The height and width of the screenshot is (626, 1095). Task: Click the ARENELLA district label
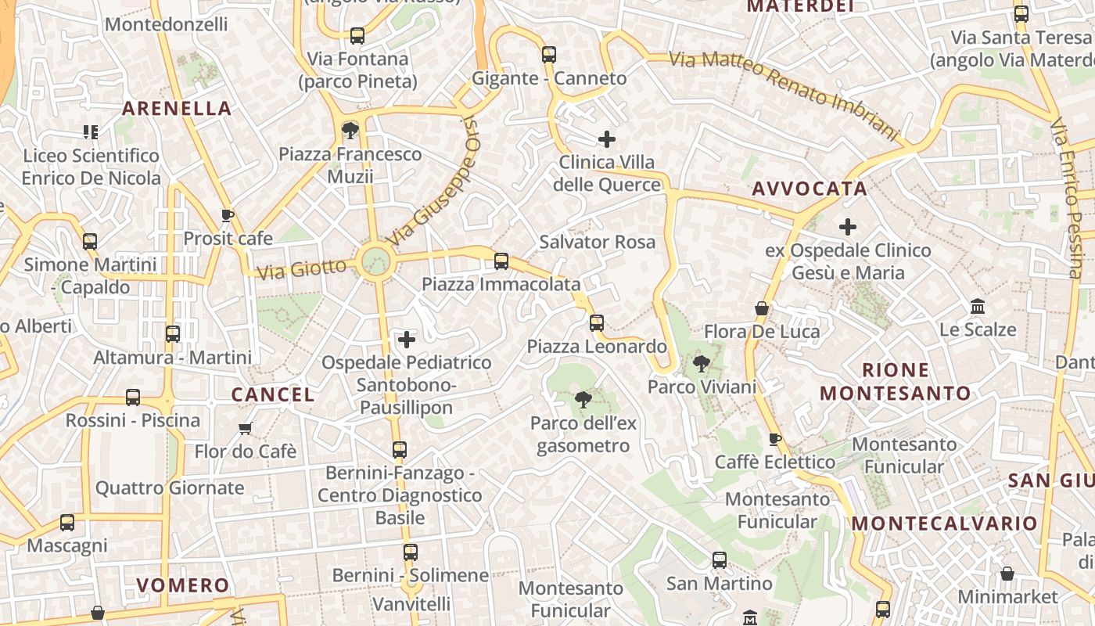[x=178, y=109]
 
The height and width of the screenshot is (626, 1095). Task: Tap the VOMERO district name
[x=183, y=585]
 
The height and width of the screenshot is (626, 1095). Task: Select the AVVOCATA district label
[x=810, y=189]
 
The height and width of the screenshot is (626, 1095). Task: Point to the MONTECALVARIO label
[x=944, y=523]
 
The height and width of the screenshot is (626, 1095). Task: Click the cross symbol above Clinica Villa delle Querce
[x=606, y=140]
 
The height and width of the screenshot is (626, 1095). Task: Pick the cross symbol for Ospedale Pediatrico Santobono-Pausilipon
[x=407, y=340]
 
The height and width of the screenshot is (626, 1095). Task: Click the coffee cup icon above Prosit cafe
[x=228, y=215]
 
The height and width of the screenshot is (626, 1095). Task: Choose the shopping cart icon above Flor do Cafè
[x=246, y=428]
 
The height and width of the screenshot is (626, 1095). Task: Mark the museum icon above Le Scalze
[x=978, y=306]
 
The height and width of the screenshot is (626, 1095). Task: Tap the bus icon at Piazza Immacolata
[x=501, y=261]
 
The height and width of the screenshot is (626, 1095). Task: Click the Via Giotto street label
[x=301, y=269]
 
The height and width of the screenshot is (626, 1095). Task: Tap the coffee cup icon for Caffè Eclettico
[x=775, y=439]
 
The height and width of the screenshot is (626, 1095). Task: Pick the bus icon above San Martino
[x=720, y=560]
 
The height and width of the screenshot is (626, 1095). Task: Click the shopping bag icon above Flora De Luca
[x=762, y=309]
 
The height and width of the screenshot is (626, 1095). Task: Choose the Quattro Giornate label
[x=170, y=488]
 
